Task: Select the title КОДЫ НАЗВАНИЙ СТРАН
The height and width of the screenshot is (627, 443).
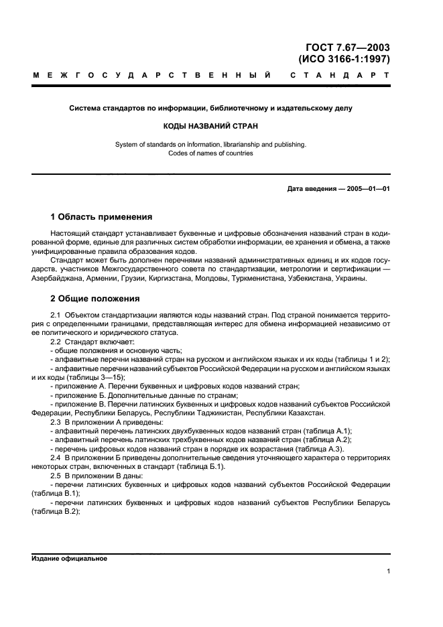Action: (x=210, y=126)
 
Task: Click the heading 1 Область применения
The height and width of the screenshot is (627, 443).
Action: (x=101, y=217)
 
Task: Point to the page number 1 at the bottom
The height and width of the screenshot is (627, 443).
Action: (x=388, y=571)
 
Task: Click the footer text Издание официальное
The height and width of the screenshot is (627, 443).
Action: (x=69, y=558)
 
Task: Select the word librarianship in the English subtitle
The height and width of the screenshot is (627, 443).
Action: (x=236, y=144)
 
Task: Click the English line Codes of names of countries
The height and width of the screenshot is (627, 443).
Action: (x=210, y=153)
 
